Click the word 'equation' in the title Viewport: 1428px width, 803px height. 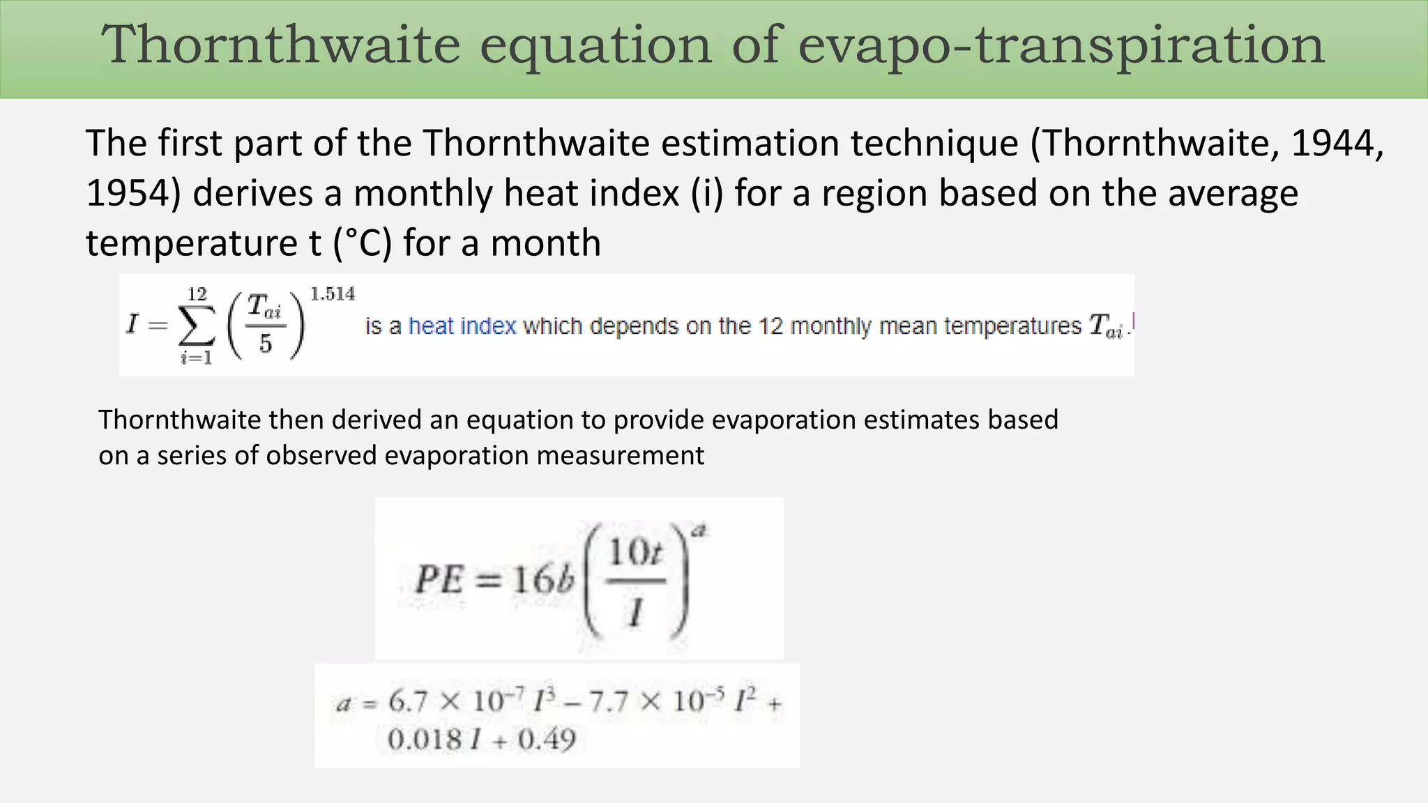pyautogui.click(x=595, y=46)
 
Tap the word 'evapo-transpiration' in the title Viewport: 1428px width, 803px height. pyautogui.click(x=1061, y=46)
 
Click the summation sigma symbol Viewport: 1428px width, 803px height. pyautogui.click(x=197, y=326)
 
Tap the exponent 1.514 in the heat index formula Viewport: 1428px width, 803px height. pyautogui.click(x=333, y=294)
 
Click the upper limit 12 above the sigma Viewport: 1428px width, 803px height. pyautogui.click(x=197, y=294)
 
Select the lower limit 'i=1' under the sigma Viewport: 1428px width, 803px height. pyautogui.click(x=197, y=358)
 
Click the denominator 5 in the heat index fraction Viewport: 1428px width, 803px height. pyautogui.click(x=266, y=344)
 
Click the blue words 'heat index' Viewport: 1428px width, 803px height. pyautogui.click(x=462, y=326)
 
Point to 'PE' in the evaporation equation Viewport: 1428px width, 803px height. pyautogui.click(x=439, y=579)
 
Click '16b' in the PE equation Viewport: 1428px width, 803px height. pyautogui.click(x=544, y=579)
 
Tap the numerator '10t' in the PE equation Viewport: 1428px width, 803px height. pyautogui.click(x=635, y=553)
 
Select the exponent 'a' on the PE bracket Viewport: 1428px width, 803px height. pyautogui.click(x=700, y=531)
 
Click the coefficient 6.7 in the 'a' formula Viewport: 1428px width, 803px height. pyautogui.click(x=408, y=701)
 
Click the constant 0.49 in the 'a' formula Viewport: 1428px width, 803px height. pyautogui.click(x=547, y=739)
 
